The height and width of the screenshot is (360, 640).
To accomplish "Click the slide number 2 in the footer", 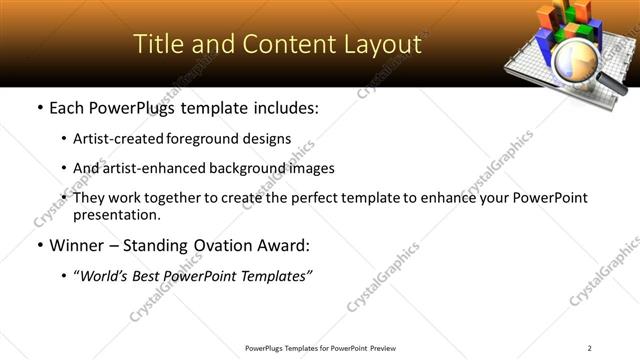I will pos(590,348).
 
